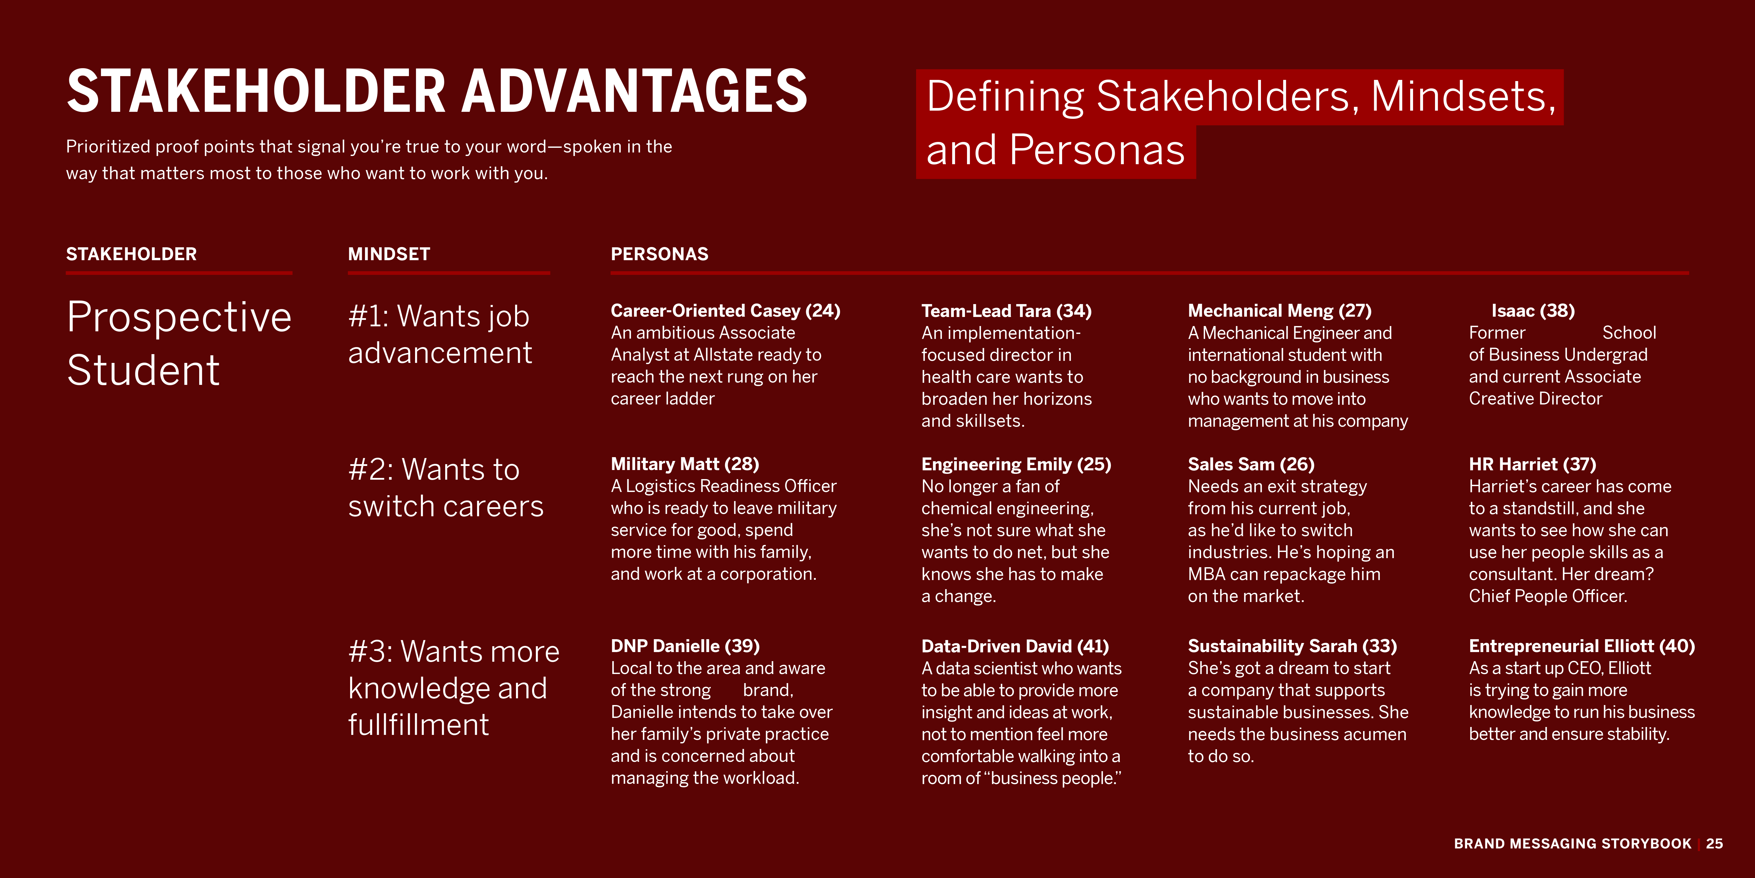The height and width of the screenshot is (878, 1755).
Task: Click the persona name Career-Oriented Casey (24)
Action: click(725, 311)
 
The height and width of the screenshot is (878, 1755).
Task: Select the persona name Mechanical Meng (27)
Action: click(1279, 311)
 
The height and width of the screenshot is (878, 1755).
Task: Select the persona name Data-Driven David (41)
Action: click(1014, 646)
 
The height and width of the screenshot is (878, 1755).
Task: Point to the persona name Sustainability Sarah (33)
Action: click(1292, 646)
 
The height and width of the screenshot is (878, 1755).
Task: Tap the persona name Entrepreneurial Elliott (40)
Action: click(1581, 646)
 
